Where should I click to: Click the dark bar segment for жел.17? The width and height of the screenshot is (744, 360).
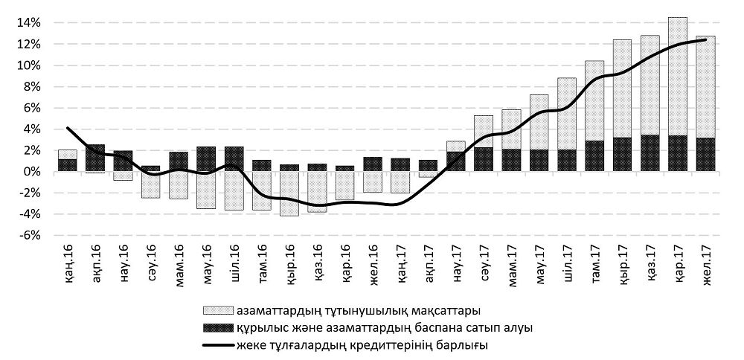pos(705,155)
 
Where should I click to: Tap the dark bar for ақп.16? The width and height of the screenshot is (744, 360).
pos(95,158)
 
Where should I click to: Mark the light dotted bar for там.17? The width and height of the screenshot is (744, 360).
pos(594,100)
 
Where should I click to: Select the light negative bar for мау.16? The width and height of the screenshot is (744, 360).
pos(206,190)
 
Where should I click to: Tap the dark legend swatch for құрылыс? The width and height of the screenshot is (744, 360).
pos(214,327)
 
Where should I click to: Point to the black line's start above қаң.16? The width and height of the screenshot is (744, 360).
pos(68,128)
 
